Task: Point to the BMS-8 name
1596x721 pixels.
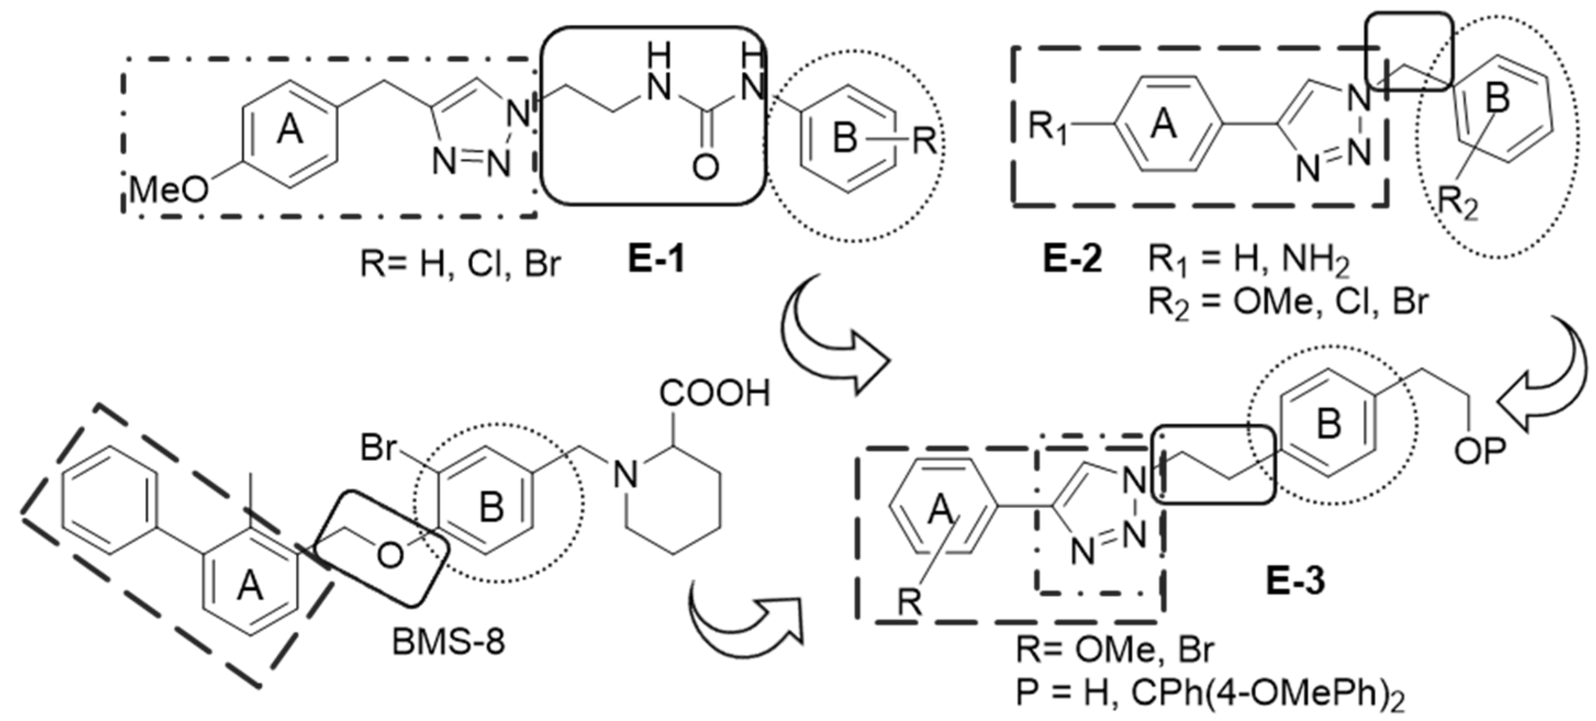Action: (x=449, y=642)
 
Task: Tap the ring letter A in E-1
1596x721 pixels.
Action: (x=289, y=131)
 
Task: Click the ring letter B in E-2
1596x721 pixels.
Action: (x=1498, y=99)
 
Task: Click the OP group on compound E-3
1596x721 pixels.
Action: (x=1480, y=452)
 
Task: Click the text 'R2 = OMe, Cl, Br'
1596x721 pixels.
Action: (x=1289, y=303)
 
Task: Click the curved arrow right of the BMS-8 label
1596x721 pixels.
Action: (x=743, y=626)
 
